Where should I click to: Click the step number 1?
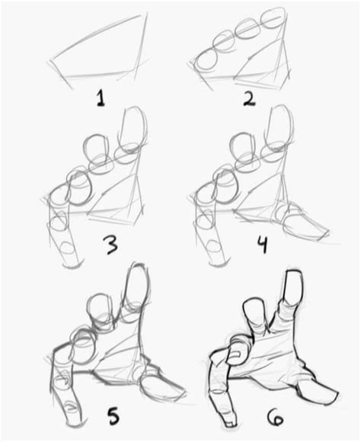101,98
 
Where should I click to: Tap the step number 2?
249,98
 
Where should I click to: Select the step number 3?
110,245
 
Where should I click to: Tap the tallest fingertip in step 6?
295,273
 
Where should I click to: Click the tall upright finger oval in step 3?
133,130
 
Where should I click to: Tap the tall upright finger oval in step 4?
279,129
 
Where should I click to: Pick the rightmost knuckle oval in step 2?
273,18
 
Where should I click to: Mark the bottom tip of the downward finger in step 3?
74,265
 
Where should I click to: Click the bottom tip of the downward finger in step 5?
75,425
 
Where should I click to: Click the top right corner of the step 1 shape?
146,13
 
